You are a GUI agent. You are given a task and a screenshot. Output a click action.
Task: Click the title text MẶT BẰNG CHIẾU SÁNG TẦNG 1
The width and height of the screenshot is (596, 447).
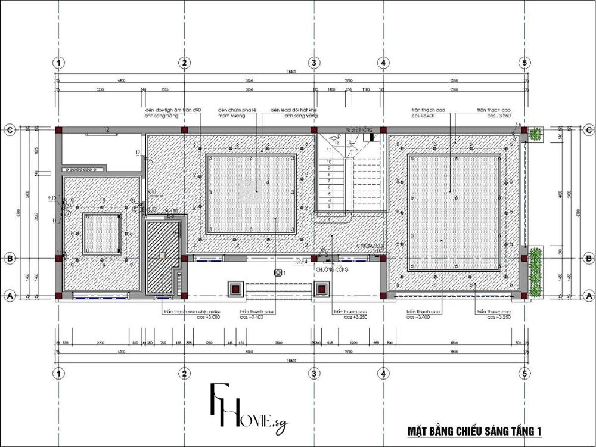[474, 430]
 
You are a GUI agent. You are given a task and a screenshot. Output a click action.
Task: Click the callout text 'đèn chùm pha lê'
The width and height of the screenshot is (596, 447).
[237, 110]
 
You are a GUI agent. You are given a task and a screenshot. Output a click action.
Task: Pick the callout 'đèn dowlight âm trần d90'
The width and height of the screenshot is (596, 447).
[173, 110]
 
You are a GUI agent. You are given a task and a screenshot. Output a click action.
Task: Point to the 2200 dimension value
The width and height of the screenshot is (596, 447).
[101, 343]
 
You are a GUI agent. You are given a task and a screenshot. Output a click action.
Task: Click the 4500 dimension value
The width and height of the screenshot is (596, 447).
[454, 343]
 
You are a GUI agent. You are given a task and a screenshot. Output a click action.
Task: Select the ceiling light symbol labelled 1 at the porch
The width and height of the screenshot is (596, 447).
[278, 272]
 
